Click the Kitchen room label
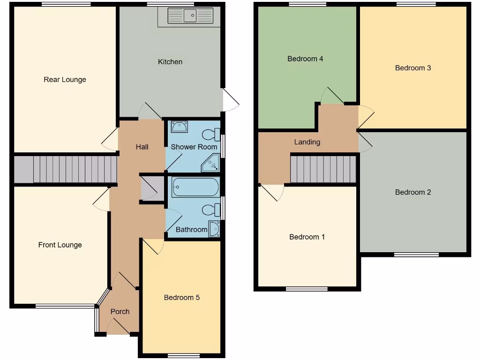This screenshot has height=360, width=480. pyautogui.click(x=170, y=62)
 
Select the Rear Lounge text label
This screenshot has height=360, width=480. pyautogui.click(x=65, y=80)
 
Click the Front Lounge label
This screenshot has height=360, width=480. pyautogui.click(x=60, y=245)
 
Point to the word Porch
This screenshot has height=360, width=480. pyautogui.click(x=120, y=312)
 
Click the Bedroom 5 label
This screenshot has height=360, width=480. pyautogui.click(x=181, y=298)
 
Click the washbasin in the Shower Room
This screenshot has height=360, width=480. pyautogui.click(x=180, y=127)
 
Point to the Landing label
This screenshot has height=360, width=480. pyautogui.click(x=307, y=142)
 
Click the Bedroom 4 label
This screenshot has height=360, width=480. pyautogui.click(x=305, y=59)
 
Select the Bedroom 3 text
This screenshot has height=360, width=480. pyautogui.click(x=413, y=68)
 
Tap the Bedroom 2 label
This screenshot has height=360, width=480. pyautogui.click(x=413, y=192)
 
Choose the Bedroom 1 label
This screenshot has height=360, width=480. pyautogui.click(x=307, y=237)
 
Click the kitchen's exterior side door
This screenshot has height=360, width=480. pyautogui.click(x=230, y=100)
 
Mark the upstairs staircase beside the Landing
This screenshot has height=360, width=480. pyautogui.click(x=323, y=169)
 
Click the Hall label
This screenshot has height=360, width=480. pyautogui.click(x=142, y=147)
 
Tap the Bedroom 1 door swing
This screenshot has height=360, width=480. pyautogui.click(x=273, y=192)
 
